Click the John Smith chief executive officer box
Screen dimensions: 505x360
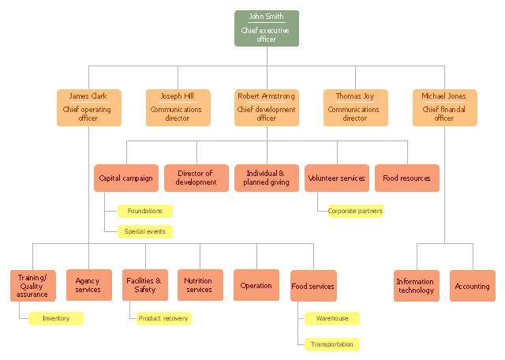267,28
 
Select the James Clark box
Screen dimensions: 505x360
89,107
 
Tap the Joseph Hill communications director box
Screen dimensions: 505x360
178,107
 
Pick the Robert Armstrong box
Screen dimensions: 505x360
267,107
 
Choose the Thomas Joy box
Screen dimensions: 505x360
356,107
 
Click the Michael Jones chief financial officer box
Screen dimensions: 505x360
445,107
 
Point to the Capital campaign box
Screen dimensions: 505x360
126,178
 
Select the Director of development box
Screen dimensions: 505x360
196,178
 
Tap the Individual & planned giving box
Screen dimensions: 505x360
267,178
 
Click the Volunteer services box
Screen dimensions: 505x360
337,178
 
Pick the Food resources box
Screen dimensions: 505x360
407,178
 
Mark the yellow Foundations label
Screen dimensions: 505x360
145,211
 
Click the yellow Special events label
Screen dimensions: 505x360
145,232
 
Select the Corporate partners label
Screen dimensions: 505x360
356,211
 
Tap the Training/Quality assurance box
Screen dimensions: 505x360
33,286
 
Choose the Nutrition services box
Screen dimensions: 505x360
200,285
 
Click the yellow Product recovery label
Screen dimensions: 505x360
163,318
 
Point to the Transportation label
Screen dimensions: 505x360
332,344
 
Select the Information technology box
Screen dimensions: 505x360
417,286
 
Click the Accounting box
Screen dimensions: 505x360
473,286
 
